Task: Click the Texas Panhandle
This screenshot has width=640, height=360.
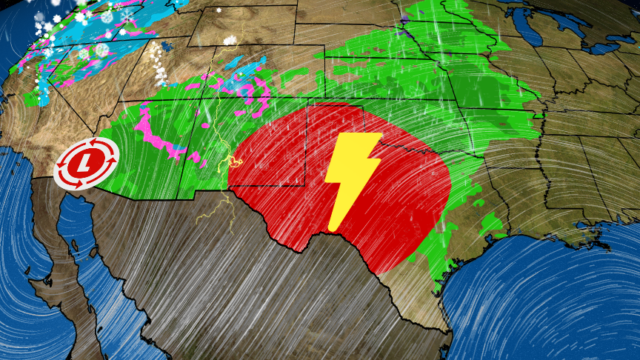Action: coord(333,130)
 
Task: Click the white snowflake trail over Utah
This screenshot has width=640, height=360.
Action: coord(157,63)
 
